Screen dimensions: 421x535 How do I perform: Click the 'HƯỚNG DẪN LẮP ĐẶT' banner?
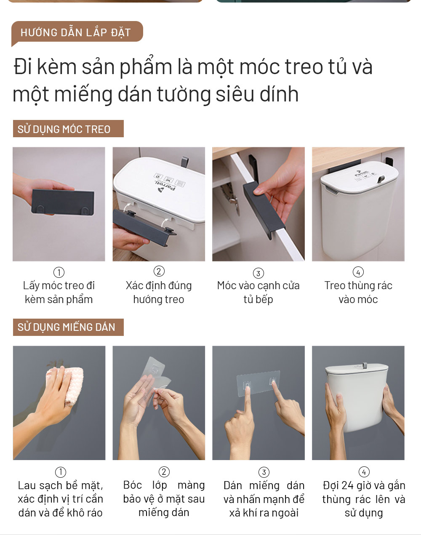point(77,32)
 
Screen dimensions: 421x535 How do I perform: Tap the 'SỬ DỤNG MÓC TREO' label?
point(68,129)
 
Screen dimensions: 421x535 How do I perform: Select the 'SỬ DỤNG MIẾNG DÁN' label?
point(68,327)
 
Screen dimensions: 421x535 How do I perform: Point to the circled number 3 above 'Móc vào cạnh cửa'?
point(258,273)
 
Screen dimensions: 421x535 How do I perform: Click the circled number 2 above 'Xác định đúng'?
point(159,271)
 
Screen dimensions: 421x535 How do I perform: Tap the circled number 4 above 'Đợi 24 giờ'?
point(364,472)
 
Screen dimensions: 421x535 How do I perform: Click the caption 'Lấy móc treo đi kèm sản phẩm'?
point(59,293)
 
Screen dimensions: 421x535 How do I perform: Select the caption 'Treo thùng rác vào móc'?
point(358,293)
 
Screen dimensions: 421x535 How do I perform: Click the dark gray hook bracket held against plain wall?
point(63,202)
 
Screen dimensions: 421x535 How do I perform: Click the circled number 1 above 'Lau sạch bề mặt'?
point(61,472)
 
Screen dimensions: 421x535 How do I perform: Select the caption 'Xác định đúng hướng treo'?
point(159,293)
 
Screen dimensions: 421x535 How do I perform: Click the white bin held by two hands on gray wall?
point(357,397)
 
